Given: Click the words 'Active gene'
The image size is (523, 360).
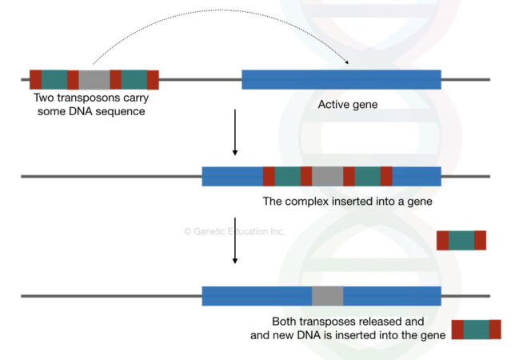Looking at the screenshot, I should coord(347,105).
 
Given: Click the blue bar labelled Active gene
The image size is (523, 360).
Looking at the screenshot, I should coord(341,79).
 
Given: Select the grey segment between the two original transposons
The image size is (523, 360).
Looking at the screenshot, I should coord(94,79).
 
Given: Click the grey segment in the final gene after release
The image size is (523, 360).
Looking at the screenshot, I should coord(327,295).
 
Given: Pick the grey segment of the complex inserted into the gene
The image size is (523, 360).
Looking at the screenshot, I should coord(327,176).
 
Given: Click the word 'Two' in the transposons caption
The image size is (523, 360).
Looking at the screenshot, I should coord(44,98).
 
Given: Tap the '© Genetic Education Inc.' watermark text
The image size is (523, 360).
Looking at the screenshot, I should coord(234,231).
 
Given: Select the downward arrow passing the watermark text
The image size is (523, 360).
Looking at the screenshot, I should coord(234,240).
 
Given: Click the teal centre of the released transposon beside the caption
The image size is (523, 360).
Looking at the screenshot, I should coord(476,330).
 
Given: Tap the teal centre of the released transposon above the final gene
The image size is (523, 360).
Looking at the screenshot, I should coord(461,240).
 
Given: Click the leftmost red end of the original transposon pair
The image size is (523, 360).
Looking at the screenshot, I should coord(35,79).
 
